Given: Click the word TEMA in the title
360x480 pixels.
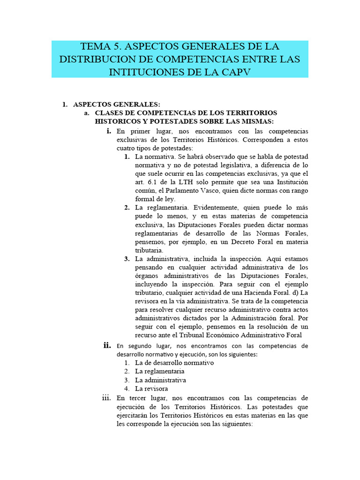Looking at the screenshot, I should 96,47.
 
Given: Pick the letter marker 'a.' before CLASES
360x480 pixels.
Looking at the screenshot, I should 87,113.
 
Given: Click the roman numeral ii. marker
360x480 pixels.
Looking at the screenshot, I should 107,345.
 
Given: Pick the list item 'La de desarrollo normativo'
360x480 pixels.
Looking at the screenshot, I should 174,363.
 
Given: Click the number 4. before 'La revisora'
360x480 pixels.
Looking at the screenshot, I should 127,389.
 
